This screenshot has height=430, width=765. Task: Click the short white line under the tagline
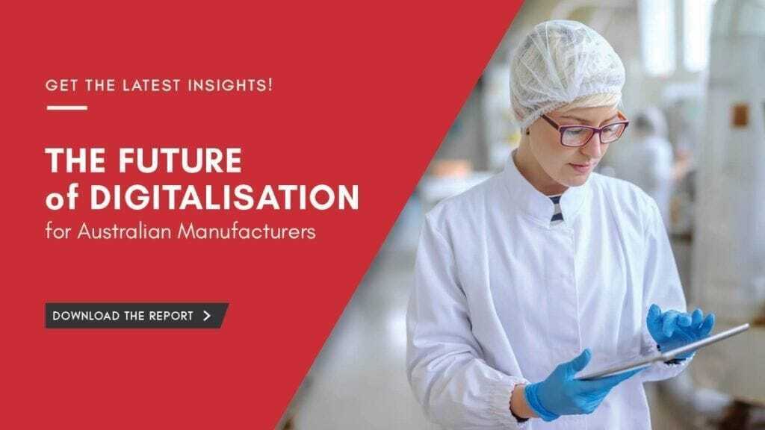click(x=66, y=107)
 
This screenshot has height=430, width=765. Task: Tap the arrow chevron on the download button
click(x=208, y=315)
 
